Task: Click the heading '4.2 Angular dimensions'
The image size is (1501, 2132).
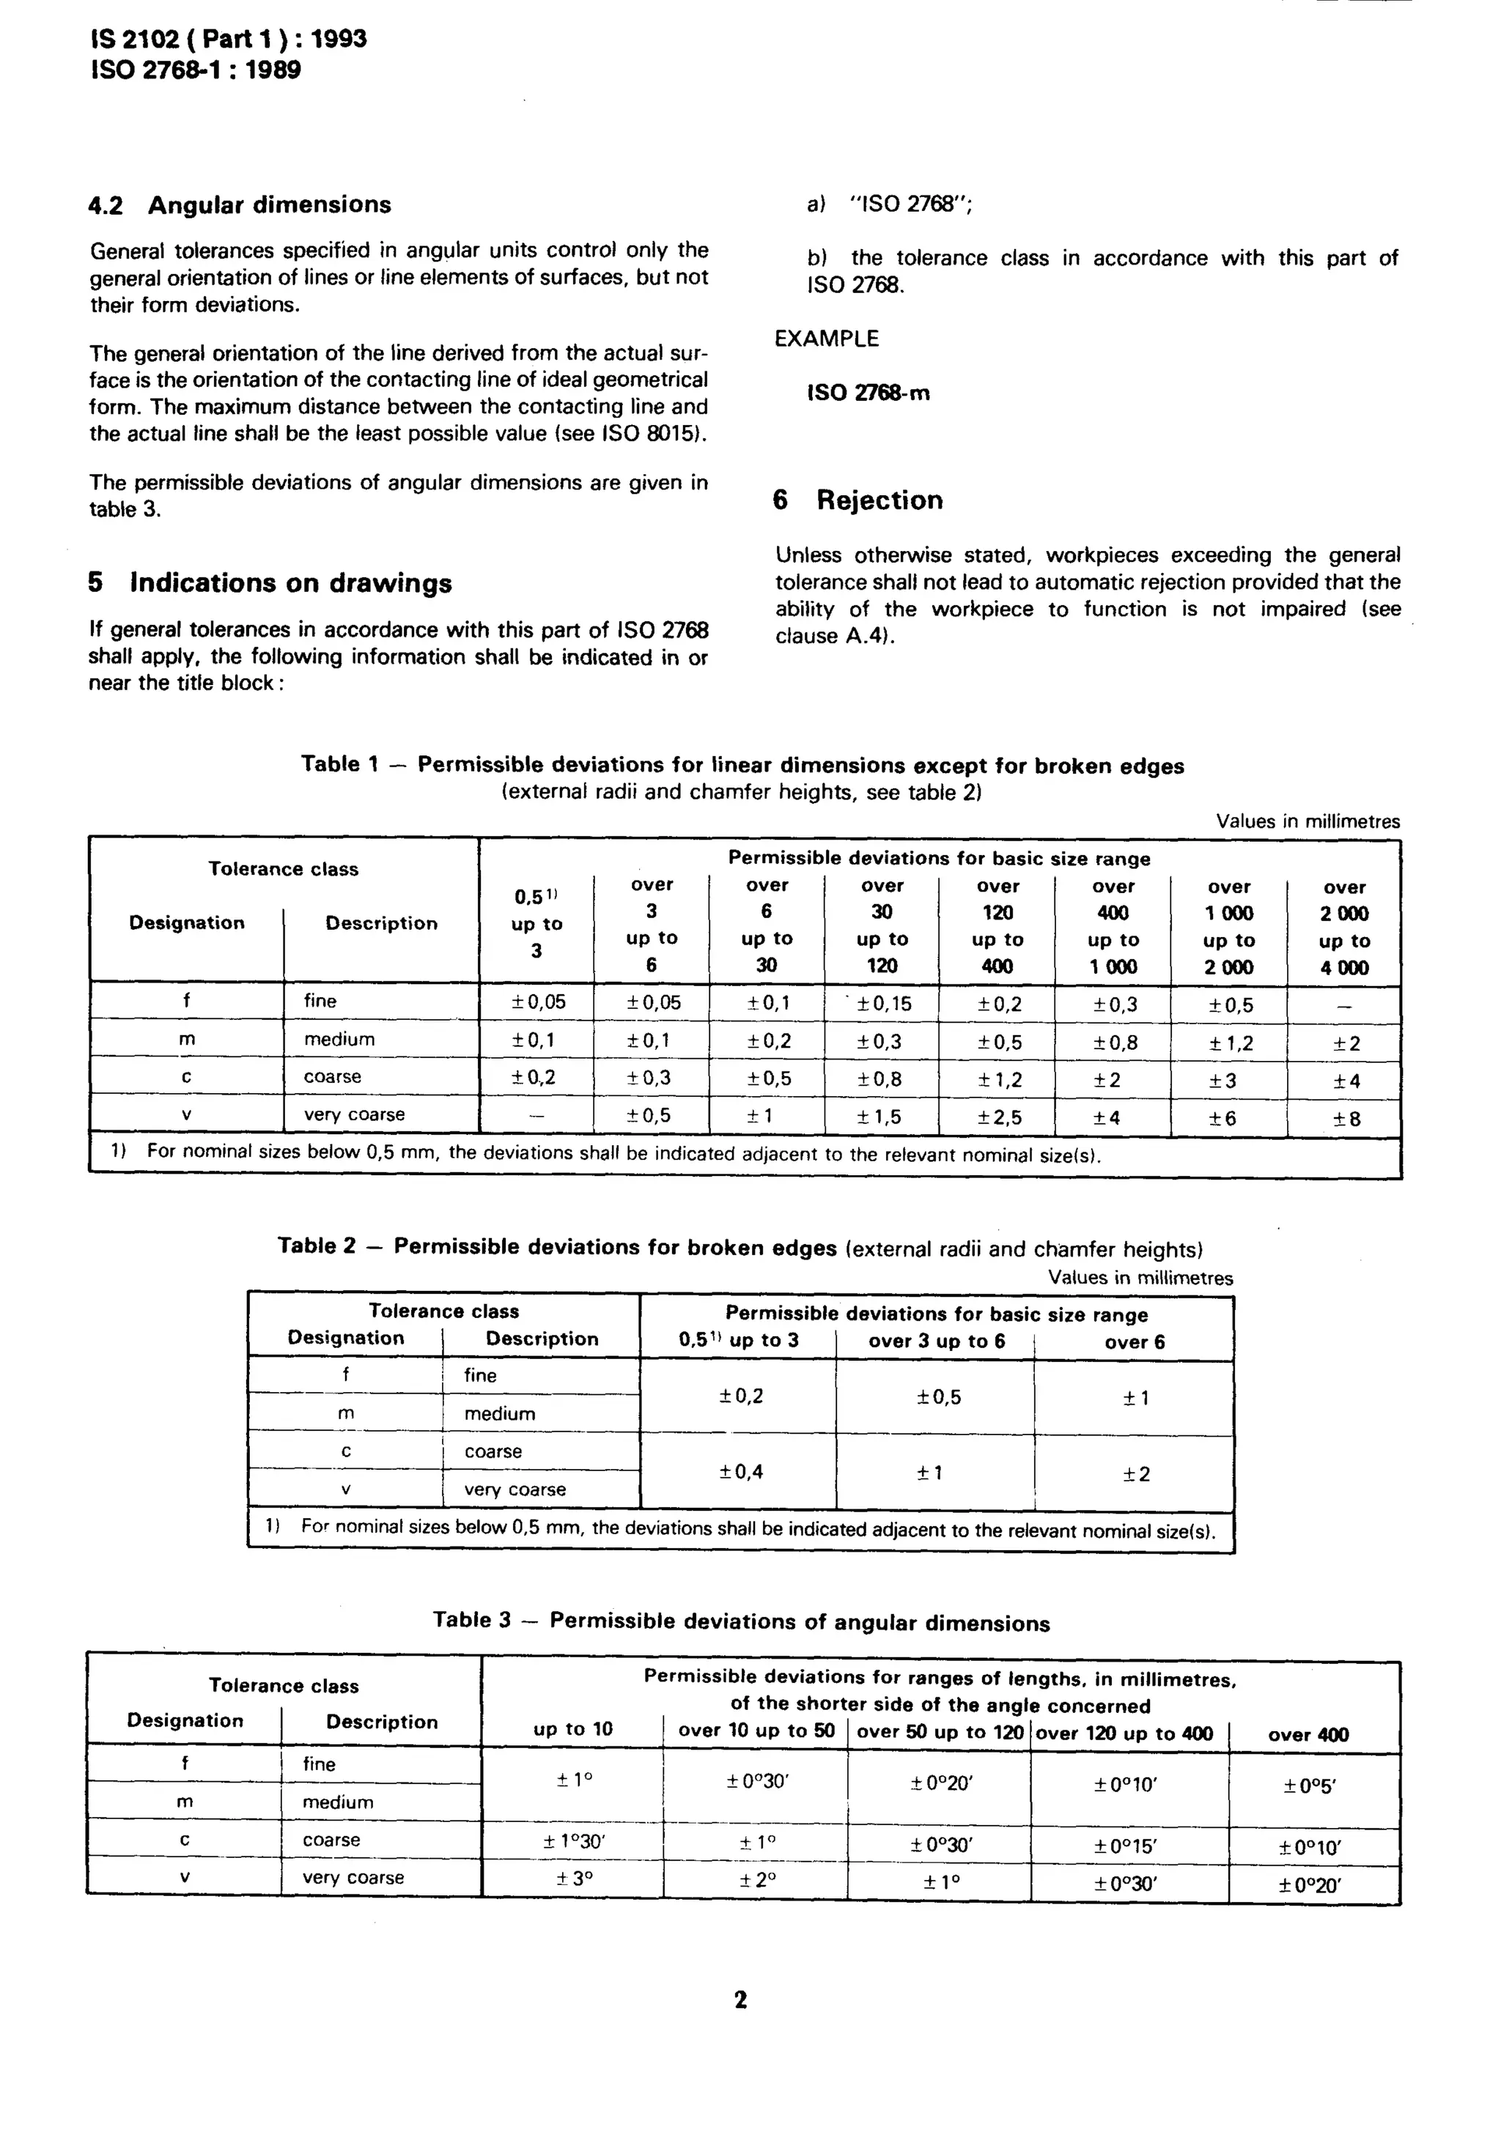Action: pos(240,204)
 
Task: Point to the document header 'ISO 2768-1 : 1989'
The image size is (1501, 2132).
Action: pos(195,70)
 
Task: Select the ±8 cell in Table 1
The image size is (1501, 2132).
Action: pos(1346,1119)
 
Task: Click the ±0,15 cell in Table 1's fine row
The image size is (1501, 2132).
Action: pos(883,1003)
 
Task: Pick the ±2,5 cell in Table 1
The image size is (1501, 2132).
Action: pos(998,1117)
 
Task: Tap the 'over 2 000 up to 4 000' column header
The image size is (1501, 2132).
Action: pos(1344,927)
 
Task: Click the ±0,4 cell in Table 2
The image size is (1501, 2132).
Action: pos(740,1472)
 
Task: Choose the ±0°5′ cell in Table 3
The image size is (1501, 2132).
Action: pos(1310,1787)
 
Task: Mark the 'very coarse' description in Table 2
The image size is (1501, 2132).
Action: pos(515,1489)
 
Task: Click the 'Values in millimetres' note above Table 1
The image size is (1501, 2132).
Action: pos(1307,821)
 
